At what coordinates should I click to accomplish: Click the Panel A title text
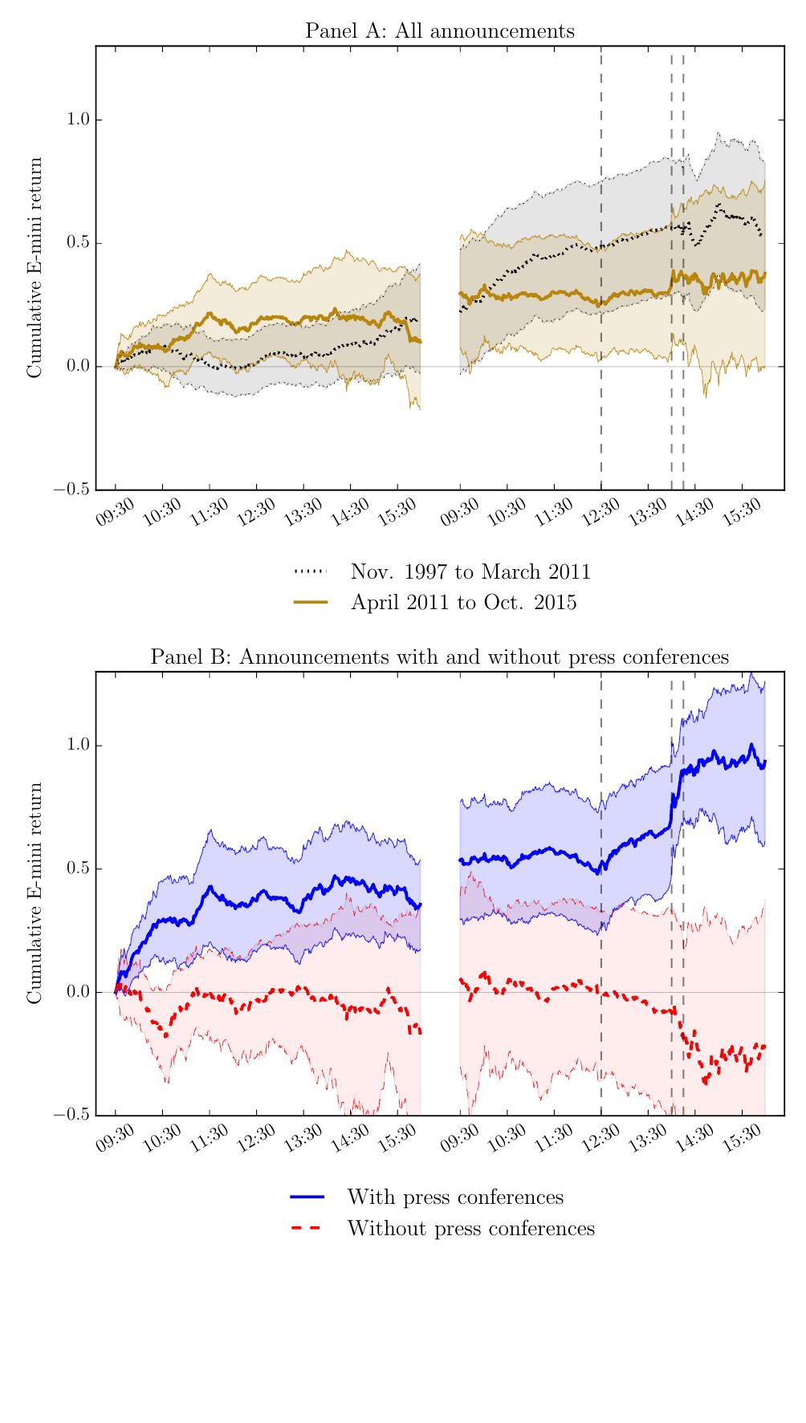[439, 31]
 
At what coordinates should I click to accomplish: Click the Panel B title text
[439, 657]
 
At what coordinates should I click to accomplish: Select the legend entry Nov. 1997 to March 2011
[470, 571]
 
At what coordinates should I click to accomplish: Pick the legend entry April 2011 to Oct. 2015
[463, 602]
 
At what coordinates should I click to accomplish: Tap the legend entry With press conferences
[454, 1197]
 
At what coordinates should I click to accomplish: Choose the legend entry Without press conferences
[470, 1228]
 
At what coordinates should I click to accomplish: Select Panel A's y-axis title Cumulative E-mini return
[35, 267]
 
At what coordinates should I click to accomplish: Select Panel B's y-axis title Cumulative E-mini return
[35, 893]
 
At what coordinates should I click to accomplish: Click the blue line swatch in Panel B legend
[307, 1197]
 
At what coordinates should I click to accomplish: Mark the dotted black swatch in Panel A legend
[311, 571]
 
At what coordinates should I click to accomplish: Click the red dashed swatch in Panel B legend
[307, 1228]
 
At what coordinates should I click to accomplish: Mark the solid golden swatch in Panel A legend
[311, 602]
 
